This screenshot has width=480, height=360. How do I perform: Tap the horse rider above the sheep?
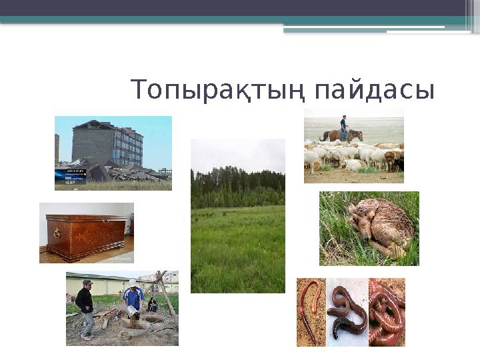click(344, 125)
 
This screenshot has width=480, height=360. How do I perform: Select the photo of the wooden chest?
click(87, 233)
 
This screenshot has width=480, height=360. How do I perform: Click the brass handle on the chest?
click(56, 233)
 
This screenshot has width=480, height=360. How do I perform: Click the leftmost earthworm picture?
click(311, 312)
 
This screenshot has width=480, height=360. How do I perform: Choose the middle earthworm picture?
click(347, 312)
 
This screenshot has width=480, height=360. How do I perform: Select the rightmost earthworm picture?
click(387, 312)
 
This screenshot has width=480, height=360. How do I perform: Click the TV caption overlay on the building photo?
click(70, 175)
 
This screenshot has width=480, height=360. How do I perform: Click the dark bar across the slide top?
click(240, 7)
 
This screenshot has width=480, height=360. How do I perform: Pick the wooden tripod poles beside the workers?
click(163, 293)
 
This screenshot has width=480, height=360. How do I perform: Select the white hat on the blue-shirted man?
click(133, 283)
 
